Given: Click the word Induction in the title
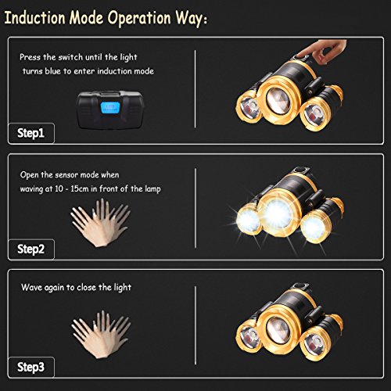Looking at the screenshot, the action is tap(35, 18).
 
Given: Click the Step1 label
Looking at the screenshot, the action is tap(30, 133).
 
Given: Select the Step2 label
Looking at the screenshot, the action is tap(30, 249).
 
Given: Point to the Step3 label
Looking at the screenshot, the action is tap(30, 368).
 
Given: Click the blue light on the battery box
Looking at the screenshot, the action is tap(110, 108).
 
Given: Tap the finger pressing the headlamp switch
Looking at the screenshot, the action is tap(321, 51).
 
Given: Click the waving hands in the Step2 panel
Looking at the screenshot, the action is tap(100, 223).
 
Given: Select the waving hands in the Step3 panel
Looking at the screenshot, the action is tap(101, 335).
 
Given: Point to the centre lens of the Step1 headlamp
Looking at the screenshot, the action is tap(278, 100).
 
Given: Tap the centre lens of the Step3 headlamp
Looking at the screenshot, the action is tap(278, 331).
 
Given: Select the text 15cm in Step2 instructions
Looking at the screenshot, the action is tap(79, 188).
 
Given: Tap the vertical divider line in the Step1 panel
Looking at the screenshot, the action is tap(195, 89).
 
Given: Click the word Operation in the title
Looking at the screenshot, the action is tap(139, 19).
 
